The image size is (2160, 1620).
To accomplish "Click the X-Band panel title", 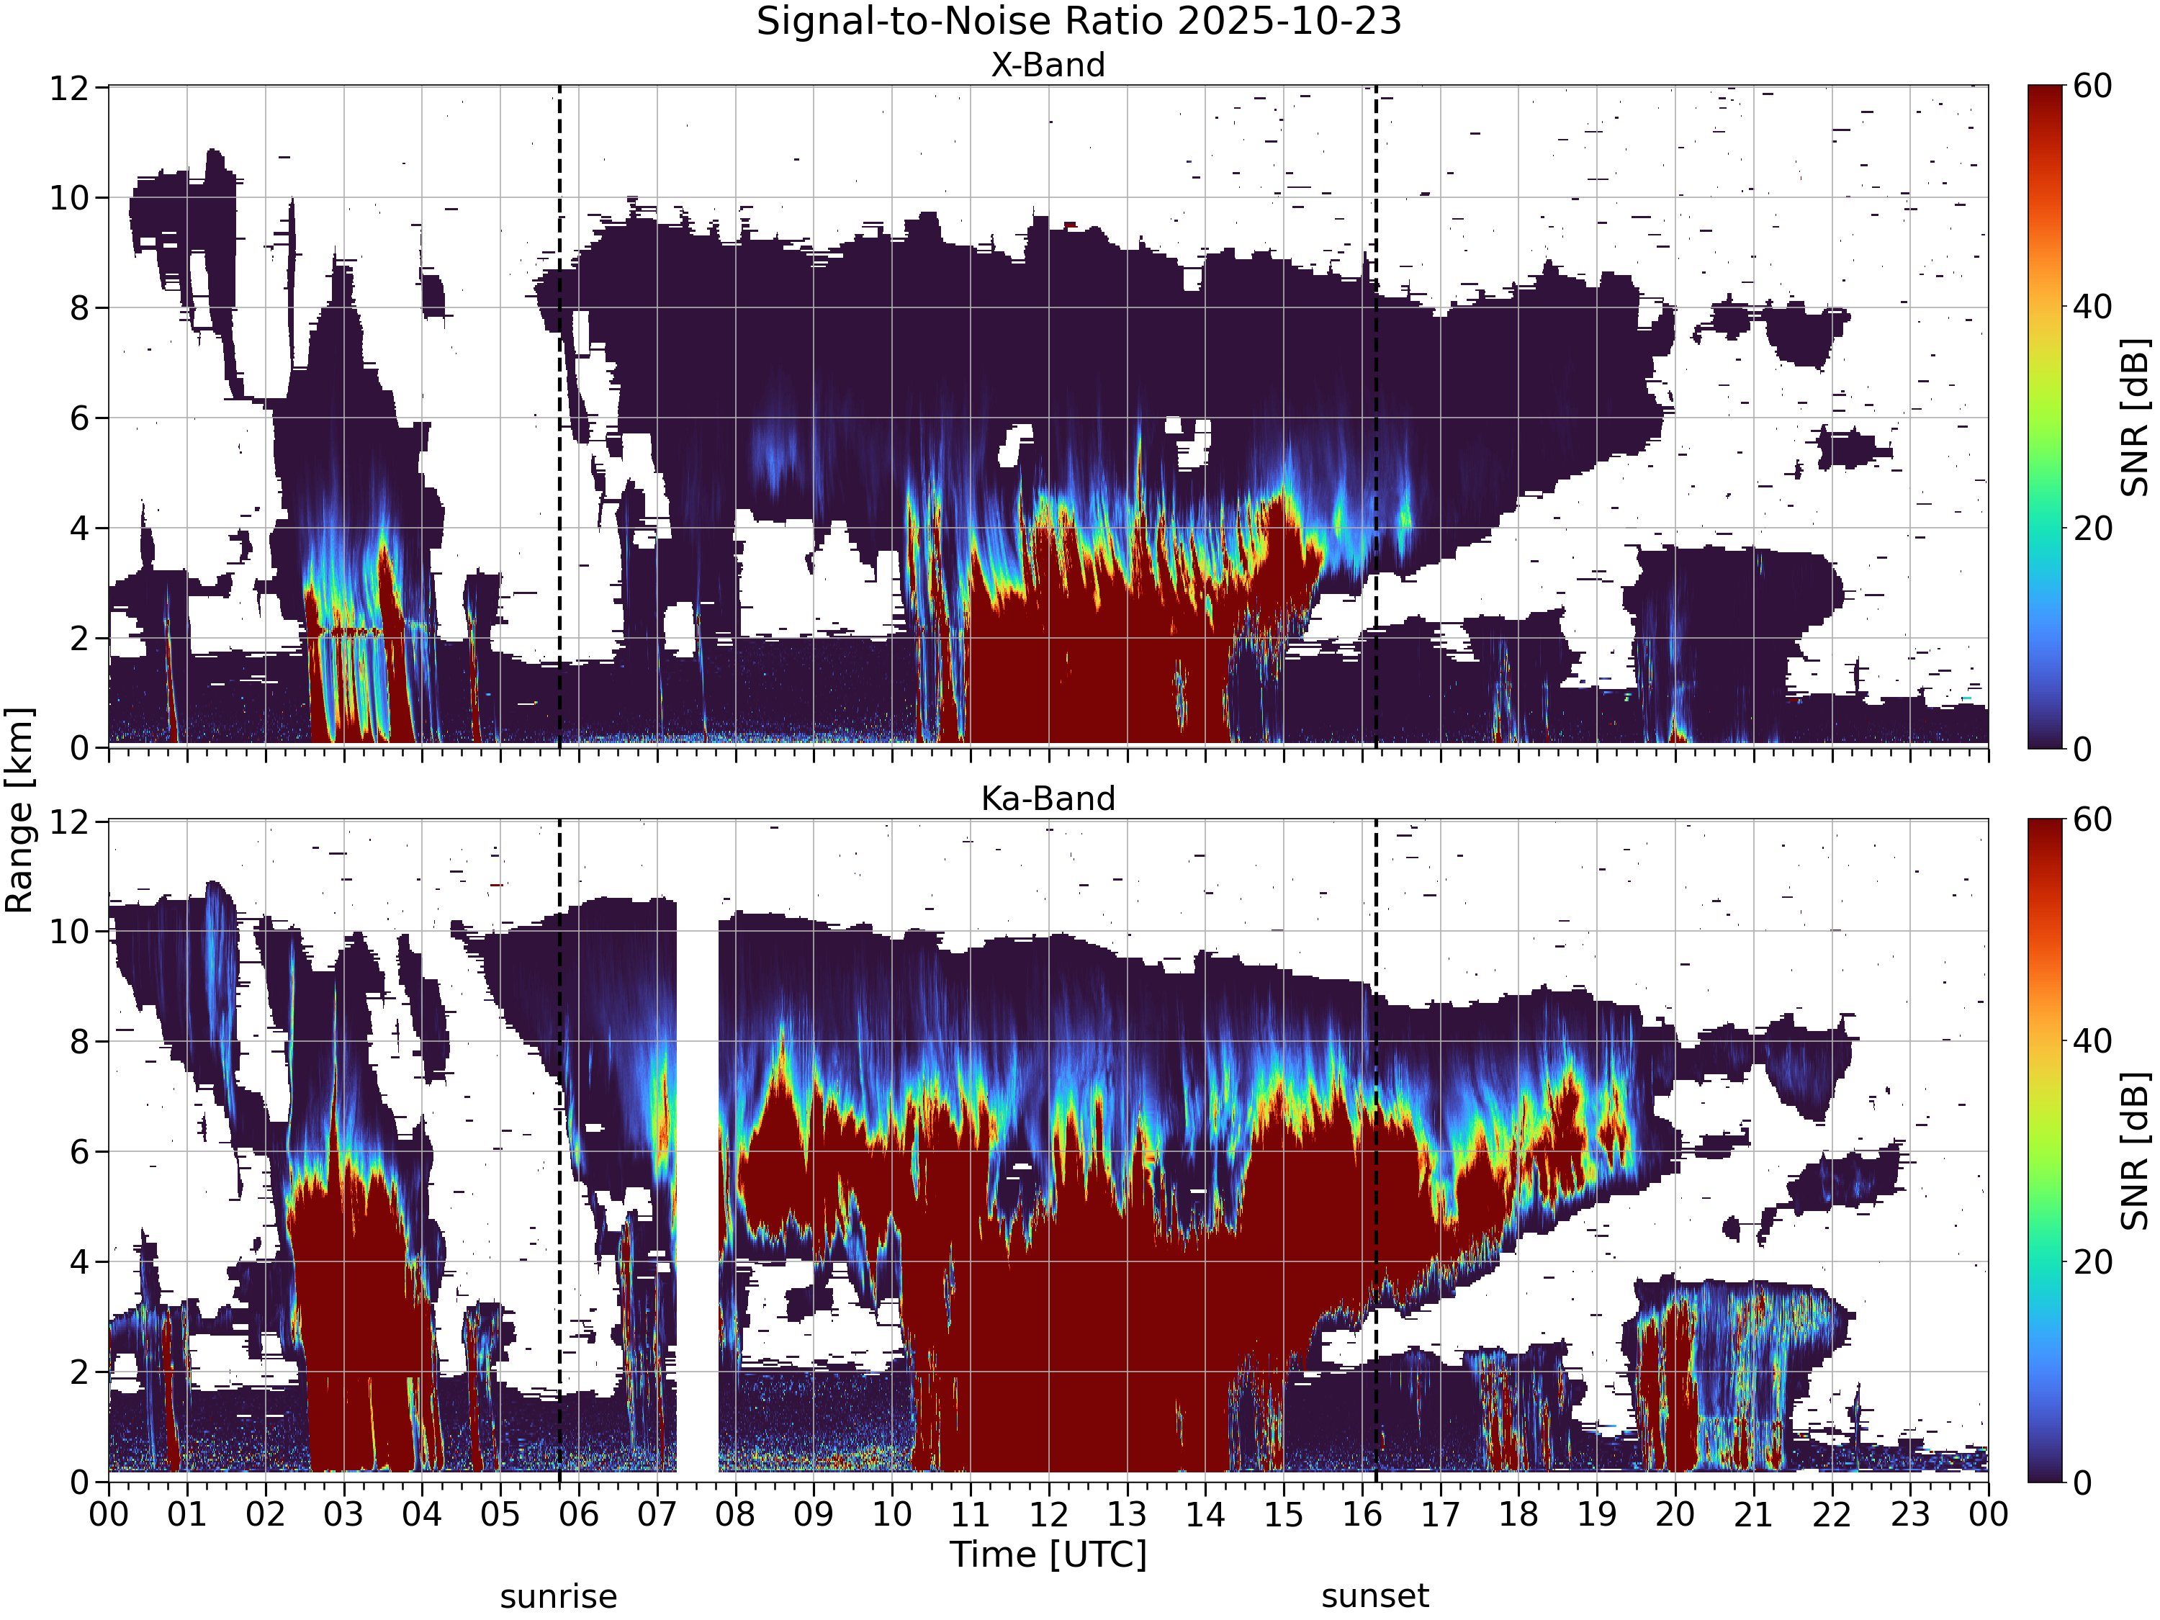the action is [x=1048, y=65].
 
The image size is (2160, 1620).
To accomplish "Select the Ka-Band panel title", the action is [x=1048, y=798].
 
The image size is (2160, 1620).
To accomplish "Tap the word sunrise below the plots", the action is [x=559, y=1596].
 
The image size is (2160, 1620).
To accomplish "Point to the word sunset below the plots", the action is [x=1375, y=1596].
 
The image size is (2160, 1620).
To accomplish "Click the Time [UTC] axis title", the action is [x=1048, y=1554].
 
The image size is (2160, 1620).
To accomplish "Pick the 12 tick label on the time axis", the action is [x=1049, y=1515].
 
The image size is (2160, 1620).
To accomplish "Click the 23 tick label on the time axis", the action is [x=1910, y=1515].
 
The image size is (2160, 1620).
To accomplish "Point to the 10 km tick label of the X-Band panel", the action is [x=69, y=198].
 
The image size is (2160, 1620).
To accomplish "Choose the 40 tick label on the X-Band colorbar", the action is [x=2094, y=307].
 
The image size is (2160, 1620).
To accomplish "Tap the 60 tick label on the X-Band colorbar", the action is [x=2094, y=86].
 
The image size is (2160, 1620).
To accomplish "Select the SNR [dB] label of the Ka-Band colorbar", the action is [x=2136, y=1151].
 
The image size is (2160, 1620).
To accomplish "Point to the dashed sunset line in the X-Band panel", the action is [x=1376, y=417].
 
